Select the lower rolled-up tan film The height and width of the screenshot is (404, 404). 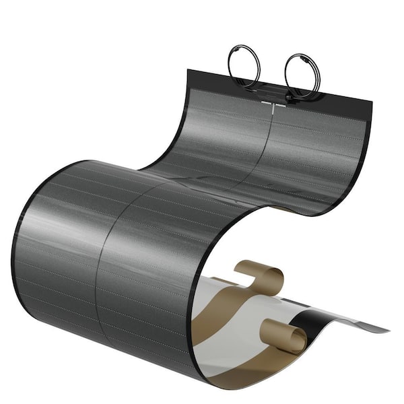(281, 334)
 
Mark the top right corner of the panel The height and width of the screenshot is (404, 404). (370, 101)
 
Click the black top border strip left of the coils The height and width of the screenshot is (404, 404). (209, 78)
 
